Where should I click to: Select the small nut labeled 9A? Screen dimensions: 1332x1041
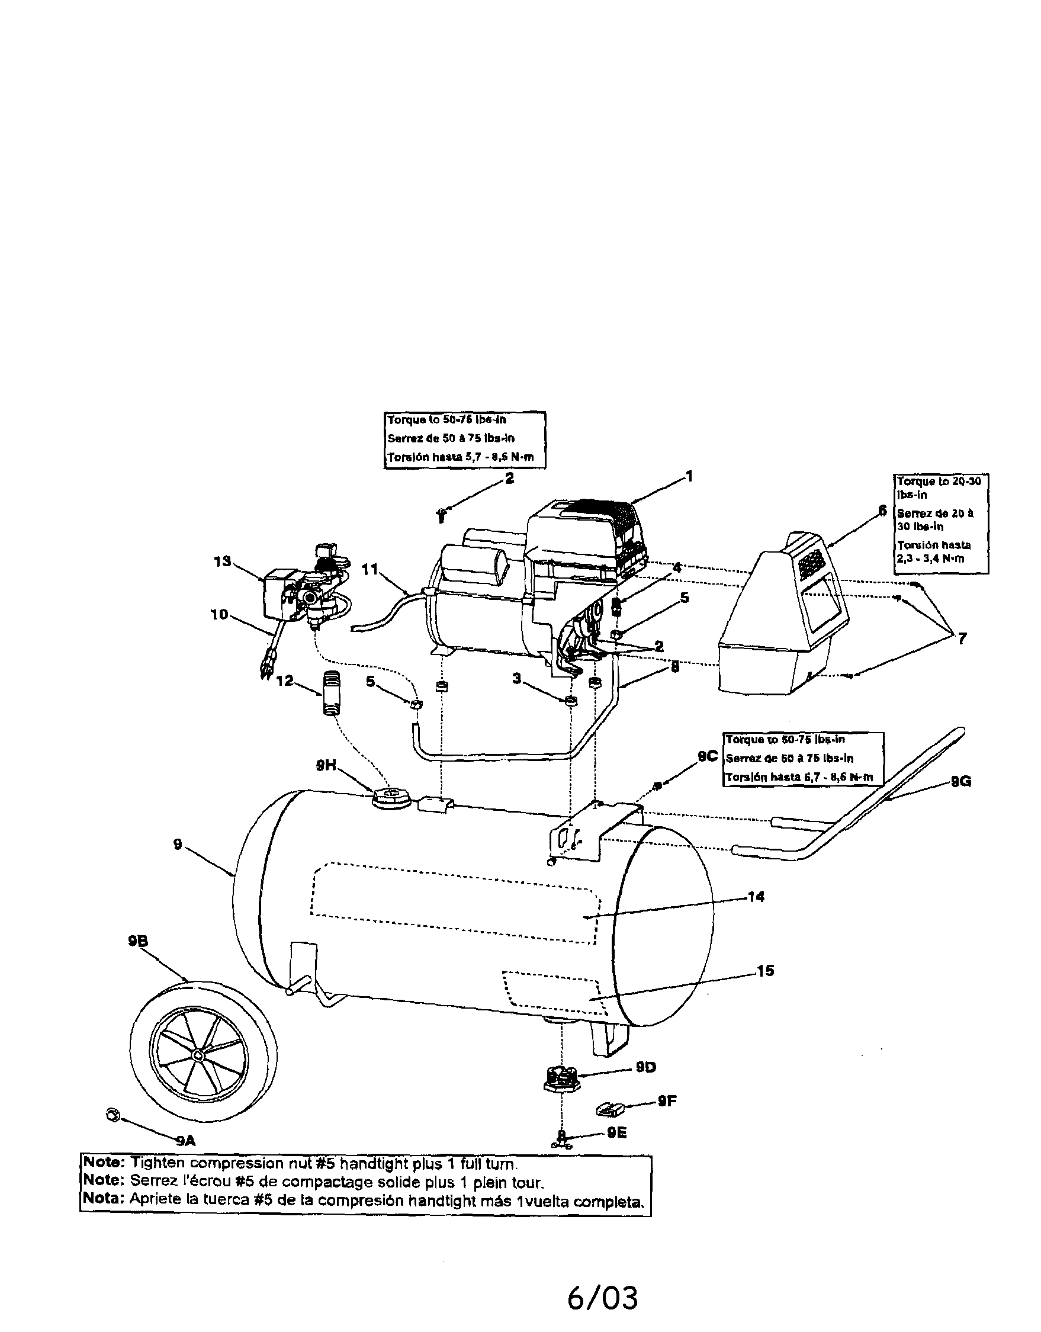click(x=111, y=1113)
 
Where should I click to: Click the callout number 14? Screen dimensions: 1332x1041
click(x=756, y=897)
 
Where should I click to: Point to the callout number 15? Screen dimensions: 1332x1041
click(x=764, y=970)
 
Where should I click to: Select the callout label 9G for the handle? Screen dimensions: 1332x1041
click(x=961, y=781)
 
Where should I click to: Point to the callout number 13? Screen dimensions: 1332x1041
click(x=223, y=561)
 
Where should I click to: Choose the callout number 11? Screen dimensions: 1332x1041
click(x=370, y=569)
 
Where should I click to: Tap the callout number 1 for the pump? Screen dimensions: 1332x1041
click(x=689, y=476)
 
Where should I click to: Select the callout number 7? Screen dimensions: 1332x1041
click(x=962, y=638)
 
